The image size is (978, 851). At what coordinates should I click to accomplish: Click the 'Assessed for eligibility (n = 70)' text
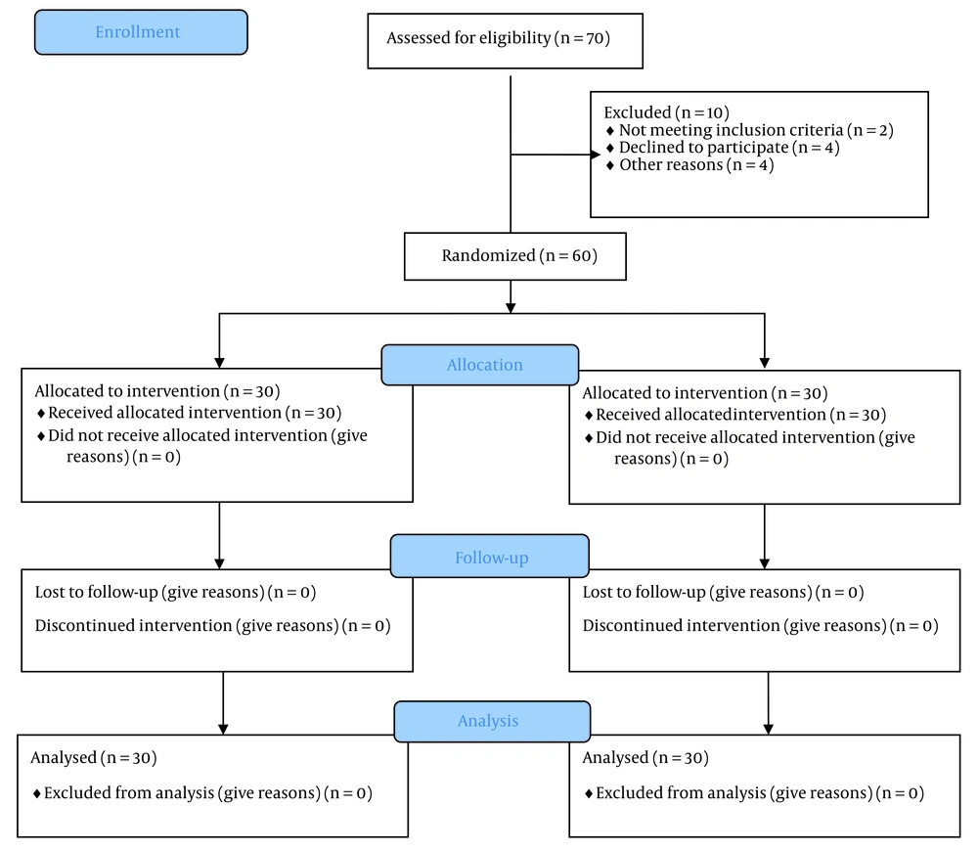coord(499,38)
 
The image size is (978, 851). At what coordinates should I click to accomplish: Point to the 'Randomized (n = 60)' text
coord(519,256)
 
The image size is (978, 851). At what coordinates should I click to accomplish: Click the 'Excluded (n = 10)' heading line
coord(666,112)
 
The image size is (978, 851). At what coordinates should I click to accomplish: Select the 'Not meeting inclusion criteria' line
coord(750,130)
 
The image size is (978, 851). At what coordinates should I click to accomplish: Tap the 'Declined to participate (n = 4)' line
coord(724,148)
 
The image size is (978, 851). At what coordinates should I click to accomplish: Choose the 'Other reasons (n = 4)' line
coord(690,164)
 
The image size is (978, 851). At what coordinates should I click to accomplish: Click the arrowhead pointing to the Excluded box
coord(596,155)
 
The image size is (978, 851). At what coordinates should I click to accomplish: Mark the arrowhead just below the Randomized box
coord(511,307)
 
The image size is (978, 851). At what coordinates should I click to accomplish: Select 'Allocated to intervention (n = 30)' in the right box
coord(705,393)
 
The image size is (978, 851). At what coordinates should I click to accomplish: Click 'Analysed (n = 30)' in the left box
coord(94,757)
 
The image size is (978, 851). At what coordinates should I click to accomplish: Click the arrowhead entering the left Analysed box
coord(223,729)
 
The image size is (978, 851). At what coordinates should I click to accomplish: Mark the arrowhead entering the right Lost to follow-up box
coord(765,563)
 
